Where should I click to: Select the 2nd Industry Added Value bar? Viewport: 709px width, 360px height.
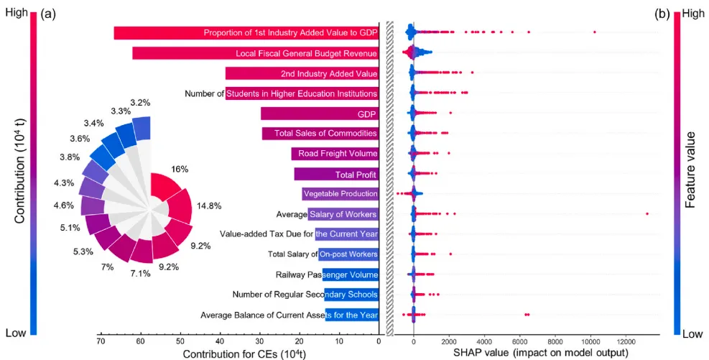(302, 73)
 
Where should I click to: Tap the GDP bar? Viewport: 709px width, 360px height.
(320, 114)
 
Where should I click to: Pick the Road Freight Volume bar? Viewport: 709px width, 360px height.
(335, 153)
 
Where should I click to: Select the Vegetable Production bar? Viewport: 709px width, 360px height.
(340, 194)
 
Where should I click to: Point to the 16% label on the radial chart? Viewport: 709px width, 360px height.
(180, 170)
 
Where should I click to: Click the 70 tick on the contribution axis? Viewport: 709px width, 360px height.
(101, 342)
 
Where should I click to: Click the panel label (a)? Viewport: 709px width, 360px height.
(49, 14)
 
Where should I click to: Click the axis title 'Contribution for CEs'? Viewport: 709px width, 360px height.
(244, 354)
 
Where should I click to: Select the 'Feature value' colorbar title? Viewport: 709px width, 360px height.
(690, 170)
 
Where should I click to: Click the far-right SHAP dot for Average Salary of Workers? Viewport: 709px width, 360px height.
(647, 213)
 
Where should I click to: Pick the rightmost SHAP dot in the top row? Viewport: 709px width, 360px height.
(594, 32)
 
